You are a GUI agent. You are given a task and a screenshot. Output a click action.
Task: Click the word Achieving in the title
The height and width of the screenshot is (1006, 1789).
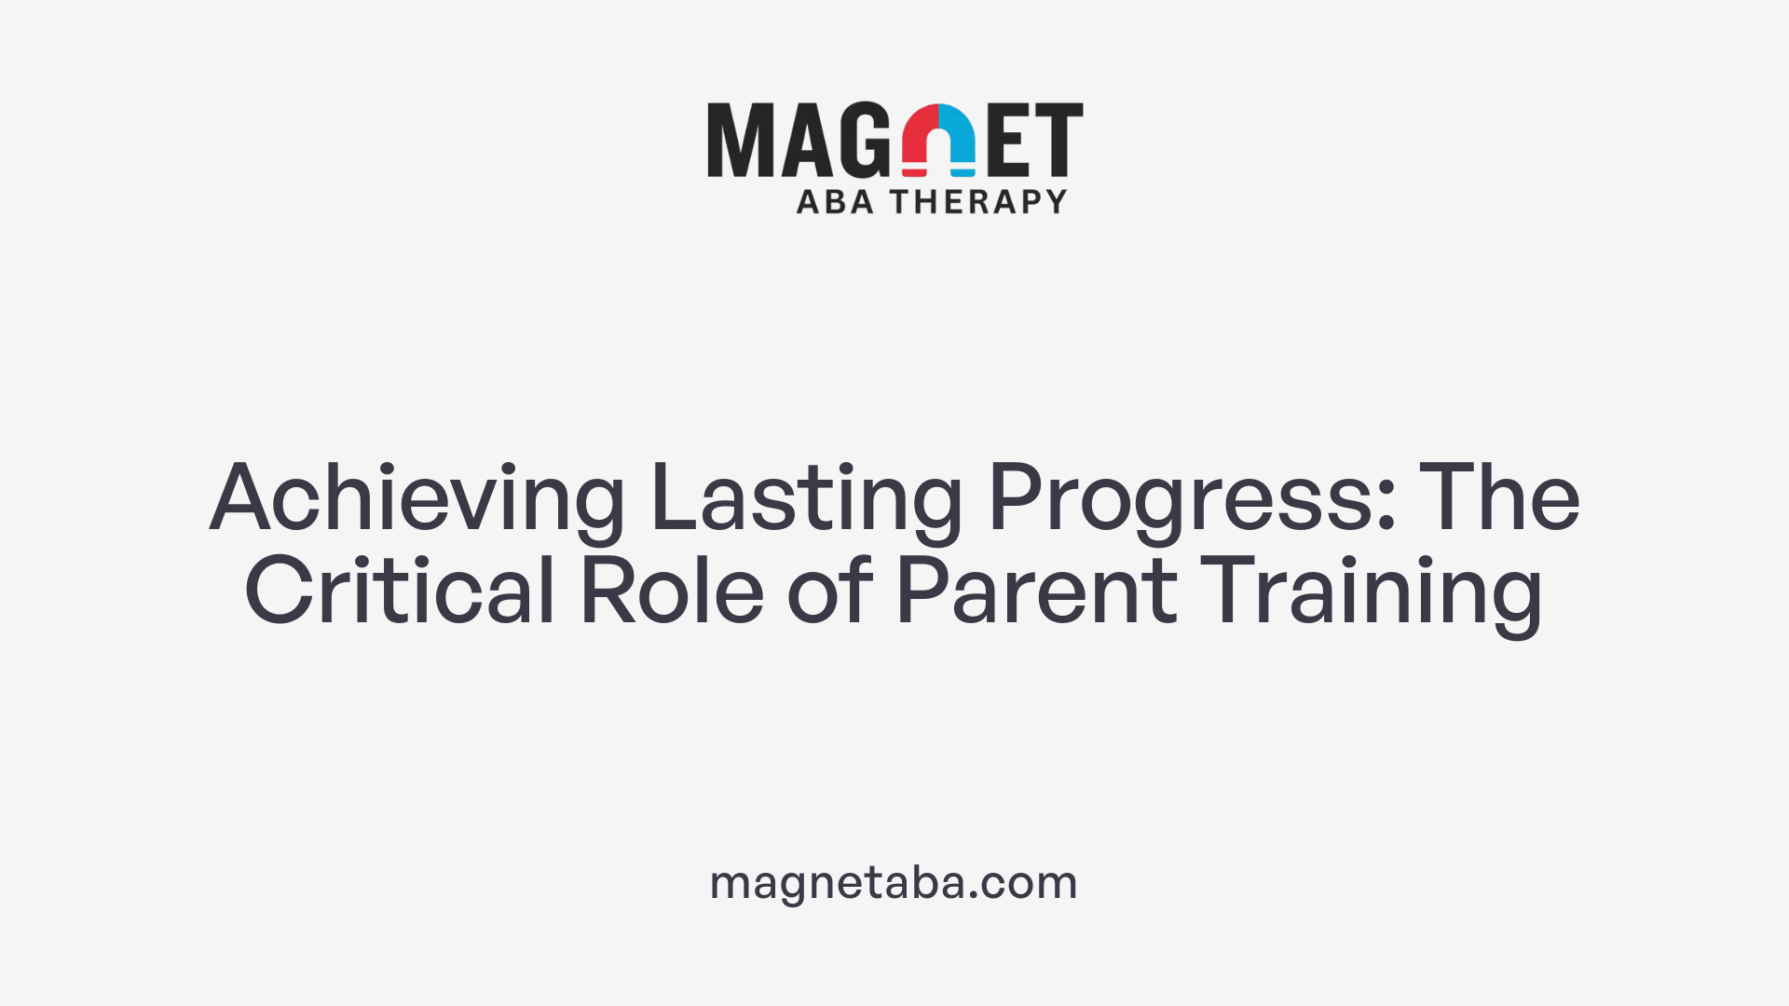coord(417,499)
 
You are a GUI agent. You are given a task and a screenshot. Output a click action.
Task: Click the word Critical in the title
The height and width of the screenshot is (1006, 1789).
coord(400,591)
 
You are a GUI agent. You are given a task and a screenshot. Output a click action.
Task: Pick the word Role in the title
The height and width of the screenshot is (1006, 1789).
coord(672,591)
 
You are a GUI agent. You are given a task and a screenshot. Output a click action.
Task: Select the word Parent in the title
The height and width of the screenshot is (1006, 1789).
coord(1036,591)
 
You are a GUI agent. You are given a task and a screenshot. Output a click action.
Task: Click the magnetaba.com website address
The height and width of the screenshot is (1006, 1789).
coord(894,882)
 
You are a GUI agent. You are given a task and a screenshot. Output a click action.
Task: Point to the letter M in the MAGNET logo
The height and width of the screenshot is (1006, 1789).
coord(740,140)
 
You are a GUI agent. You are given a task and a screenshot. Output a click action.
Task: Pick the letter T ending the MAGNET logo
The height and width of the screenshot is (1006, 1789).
coord(1058,140)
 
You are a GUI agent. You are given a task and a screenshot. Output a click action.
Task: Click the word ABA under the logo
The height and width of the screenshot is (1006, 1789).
coord(835,201)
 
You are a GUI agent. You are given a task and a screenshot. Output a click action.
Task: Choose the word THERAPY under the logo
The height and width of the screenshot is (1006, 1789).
coord(978,201)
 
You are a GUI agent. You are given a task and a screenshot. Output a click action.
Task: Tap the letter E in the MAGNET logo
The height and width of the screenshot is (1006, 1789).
coord(1006,140)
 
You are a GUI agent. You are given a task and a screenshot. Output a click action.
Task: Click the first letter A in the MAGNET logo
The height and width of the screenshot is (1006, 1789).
coord(803,140)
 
